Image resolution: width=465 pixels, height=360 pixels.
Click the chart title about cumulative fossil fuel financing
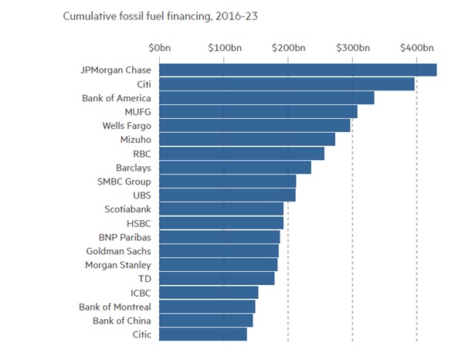tap(144, 15)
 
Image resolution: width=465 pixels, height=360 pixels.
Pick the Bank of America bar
tap(266, 98)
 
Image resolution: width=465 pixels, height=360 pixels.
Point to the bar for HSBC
tap(221, 223)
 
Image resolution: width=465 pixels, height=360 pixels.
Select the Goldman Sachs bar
tap(219, 251)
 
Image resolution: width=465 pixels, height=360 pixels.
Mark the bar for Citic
tap(202, 335)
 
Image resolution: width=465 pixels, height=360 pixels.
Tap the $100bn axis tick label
tap(224, 48)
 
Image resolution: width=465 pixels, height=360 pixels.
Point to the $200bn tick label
tap(289, 48)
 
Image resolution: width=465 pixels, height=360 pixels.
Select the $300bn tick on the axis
tap(353, 48)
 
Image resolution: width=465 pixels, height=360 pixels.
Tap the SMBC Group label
tap(124, 182)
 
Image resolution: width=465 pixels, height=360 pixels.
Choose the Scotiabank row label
tap(127, 209)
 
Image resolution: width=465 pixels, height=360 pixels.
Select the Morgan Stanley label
tap(117, 265)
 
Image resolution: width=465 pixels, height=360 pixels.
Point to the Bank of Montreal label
tap(115, 307)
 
